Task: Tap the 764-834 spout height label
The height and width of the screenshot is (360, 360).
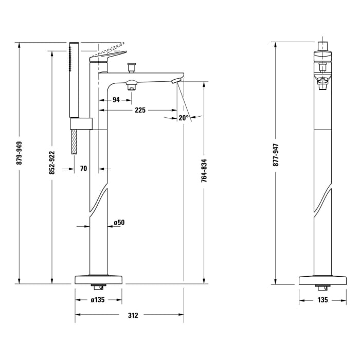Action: click(x=204, y=171)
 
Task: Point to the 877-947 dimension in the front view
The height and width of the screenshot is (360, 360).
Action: click(x=276, y=154)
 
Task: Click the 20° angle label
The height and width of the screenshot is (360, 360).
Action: click(x=184, y=118)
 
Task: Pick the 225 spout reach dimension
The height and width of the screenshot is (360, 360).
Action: click(x=140, y=110)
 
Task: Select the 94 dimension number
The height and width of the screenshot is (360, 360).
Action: click(x=116, y=100)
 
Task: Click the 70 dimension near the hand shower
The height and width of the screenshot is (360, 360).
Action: click(x=84, y=168)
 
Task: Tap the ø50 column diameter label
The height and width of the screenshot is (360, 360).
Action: click(x=120, y=223)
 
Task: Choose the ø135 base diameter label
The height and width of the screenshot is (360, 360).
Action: click(x=99, y=300)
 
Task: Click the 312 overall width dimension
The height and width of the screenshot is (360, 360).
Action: click(x=133, y=315)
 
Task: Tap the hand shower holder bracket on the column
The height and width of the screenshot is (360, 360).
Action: click(x=81, y=123)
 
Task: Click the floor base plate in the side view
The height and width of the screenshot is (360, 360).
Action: click(x=99, y=279)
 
